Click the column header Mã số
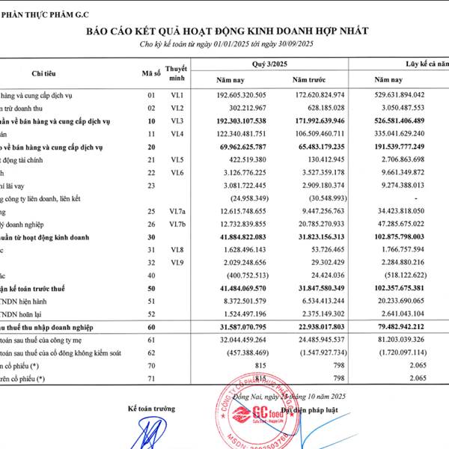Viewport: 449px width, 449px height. click(x=151, y=73)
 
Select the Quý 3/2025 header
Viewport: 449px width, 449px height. click(x=269, y=64)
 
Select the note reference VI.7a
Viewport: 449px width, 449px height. click(x=177, y=212)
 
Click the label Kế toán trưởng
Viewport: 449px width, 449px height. click(x=151, y=409)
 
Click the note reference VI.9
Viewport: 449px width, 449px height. click(x=177, y=263)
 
